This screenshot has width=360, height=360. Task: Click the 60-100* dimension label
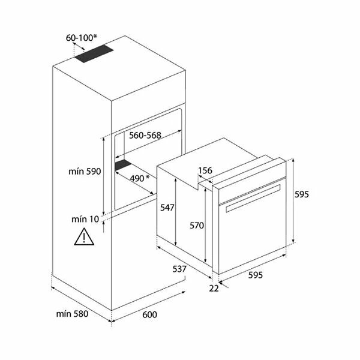[x=82, y=38]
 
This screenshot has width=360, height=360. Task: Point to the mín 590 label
[x=83, y=172]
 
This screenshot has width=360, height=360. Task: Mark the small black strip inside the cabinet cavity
[x=124, y=164]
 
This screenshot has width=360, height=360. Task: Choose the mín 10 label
[x=83, y=219]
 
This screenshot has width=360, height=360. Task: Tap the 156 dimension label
[x=205, y=171]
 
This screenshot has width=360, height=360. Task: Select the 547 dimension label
[x=167, y=208]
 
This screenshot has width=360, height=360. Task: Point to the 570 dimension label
[x=197, y=226]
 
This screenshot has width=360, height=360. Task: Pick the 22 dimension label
[x=215, y=289]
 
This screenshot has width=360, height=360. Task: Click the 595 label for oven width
[x=256, y=275]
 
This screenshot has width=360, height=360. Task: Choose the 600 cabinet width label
[x=151, y=314]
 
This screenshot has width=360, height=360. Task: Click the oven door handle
[x=251, y=197]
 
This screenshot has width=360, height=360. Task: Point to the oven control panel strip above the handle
[x=249, y=178]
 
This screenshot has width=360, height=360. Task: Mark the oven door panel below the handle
[x=252, y=234]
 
